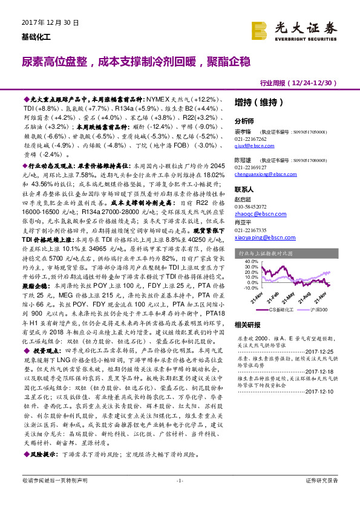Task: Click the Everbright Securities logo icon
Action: (260, 29)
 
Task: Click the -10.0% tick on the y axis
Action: (243, 288)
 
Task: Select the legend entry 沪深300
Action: (322, 309)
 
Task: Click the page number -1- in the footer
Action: (179, 497)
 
